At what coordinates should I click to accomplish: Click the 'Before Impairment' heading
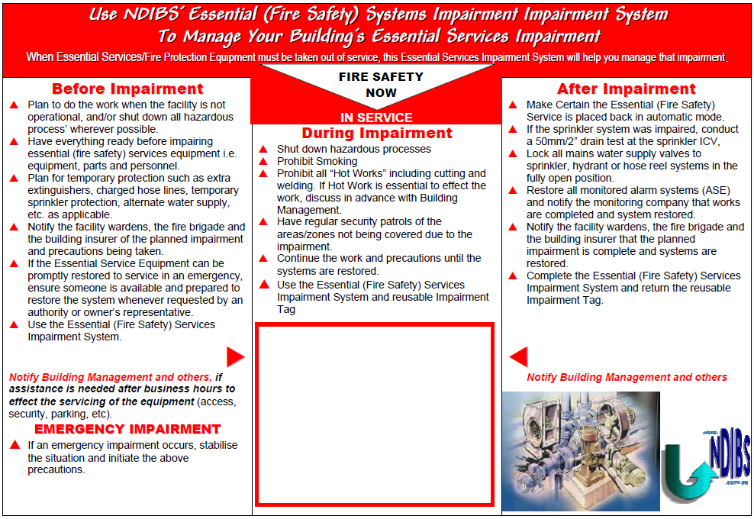(127, 89)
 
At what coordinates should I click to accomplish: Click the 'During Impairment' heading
(376, 133)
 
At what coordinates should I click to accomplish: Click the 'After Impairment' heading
(627, 89)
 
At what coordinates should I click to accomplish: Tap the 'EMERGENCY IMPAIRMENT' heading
(127, 429)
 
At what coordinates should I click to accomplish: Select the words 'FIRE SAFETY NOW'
(381, 85)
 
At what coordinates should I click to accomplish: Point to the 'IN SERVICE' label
(376, 118)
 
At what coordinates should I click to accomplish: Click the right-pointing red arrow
(235, 356)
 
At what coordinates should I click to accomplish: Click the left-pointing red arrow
(518, 356)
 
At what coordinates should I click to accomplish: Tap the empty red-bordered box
(375, 414)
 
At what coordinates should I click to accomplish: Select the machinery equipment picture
(581, 450)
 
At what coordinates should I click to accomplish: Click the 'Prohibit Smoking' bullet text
(317, 161)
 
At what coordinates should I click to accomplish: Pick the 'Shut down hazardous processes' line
(353, 149)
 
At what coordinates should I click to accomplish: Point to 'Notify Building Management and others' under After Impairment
(627, 377)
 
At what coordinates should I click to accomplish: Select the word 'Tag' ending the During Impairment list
(286, 309)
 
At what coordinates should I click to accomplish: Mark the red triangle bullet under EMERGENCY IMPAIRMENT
(14, 445)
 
